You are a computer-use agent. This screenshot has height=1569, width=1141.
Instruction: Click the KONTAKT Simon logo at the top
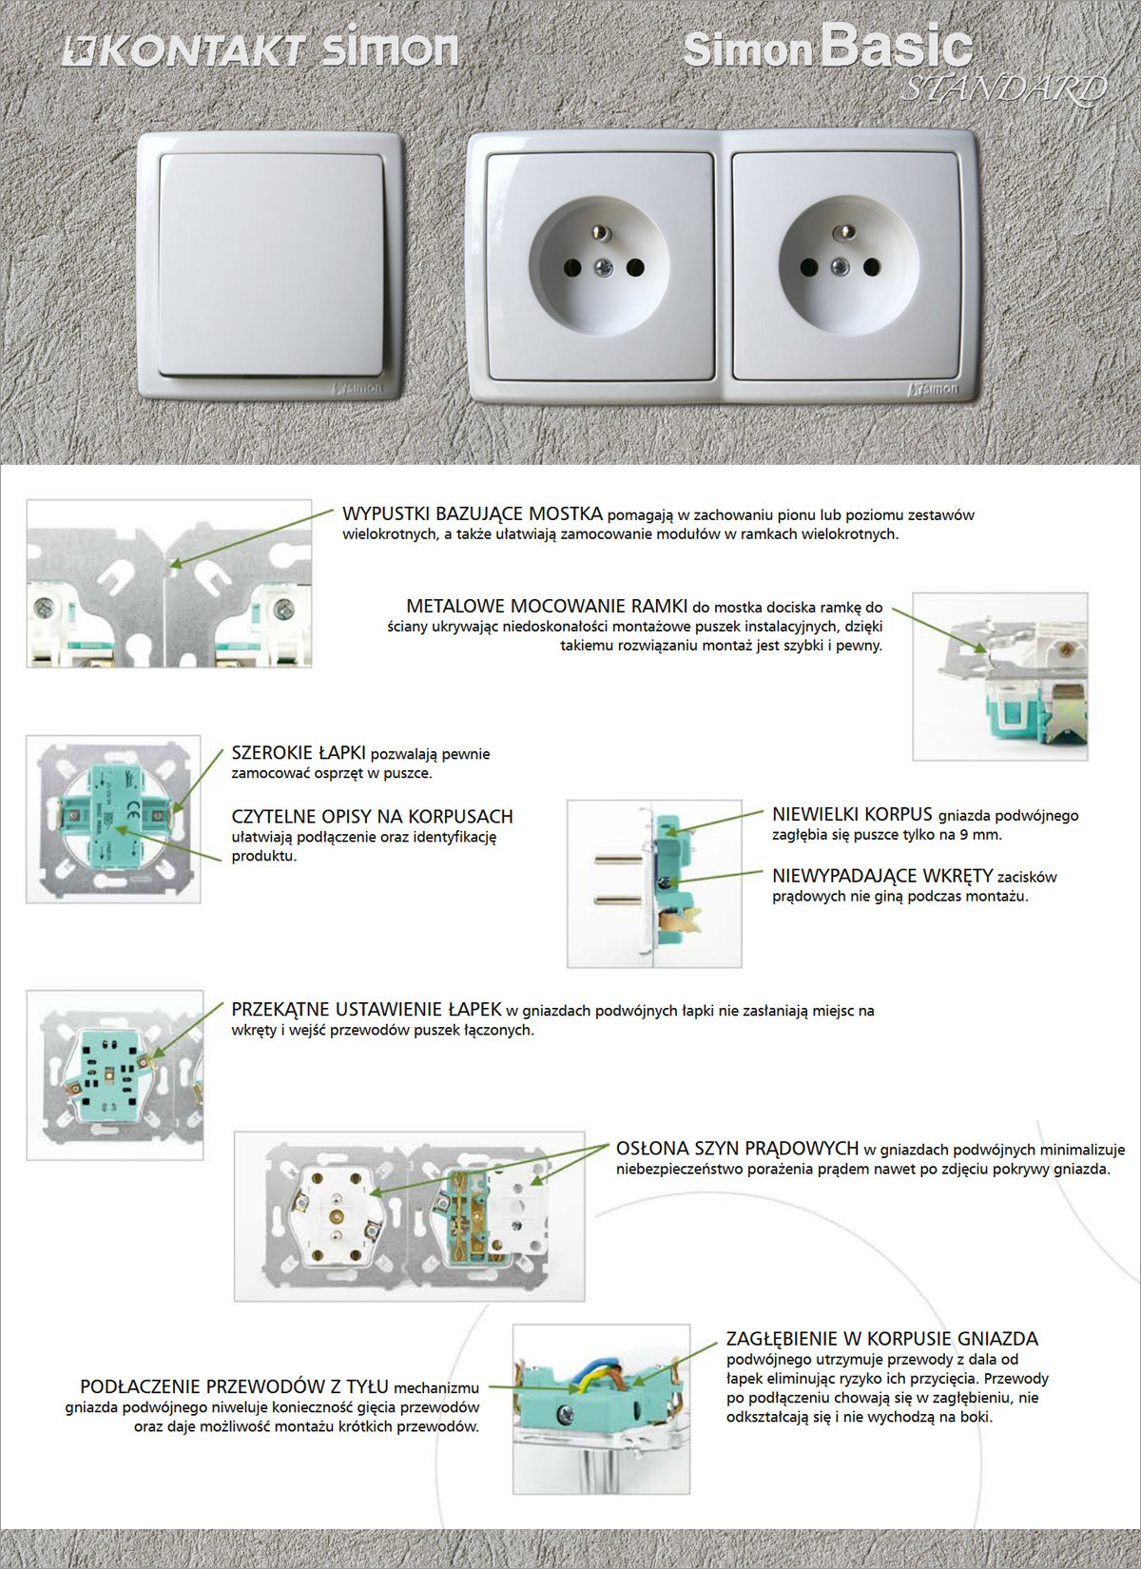(x=260, y=49)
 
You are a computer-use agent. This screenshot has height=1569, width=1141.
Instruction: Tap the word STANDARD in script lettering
(x=1004, y=89)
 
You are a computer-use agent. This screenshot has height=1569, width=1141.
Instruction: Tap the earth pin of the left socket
(x=601, y=232)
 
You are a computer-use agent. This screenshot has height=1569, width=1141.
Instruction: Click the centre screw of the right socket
(x=840, y=268)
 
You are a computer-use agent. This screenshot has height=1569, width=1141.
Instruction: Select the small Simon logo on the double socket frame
(x=934, y=389)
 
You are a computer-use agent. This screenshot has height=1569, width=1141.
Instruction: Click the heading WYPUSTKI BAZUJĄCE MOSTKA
(x=472, y=514)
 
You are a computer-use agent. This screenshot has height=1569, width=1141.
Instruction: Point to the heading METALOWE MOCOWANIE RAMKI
(x=546, y=606)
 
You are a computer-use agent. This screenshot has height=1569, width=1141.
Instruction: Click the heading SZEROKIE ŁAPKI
(x=299, y=753)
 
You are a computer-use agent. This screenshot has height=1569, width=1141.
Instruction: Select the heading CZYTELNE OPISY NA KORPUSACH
(x=372, y=817)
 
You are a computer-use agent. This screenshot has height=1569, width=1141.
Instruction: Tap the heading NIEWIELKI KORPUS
(x=852, y=815)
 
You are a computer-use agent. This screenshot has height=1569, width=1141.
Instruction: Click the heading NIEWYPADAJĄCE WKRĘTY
(x=881, y=876)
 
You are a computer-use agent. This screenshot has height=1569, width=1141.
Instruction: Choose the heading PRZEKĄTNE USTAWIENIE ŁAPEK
(x=366, y=1010)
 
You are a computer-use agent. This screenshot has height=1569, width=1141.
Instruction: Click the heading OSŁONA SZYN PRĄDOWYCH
(x=737, y=1149)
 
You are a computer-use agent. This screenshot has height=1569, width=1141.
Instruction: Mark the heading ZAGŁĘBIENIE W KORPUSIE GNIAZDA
(x=881, y=1339)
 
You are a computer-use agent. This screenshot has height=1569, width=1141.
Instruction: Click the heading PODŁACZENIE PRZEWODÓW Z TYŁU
(x=234, y=1386)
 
